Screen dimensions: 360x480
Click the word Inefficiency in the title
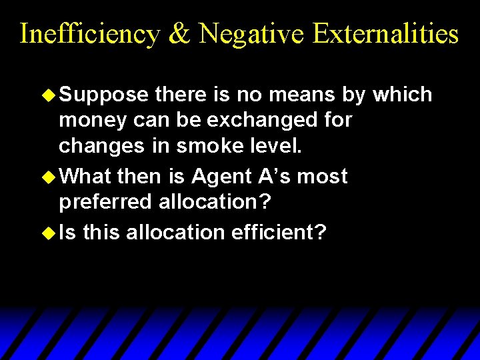(89, 33)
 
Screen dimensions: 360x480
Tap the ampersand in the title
(180, 33)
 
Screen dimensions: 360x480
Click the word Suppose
(103, 95)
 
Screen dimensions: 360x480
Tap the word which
(403, 95)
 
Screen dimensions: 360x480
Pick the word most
(323, 177)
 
